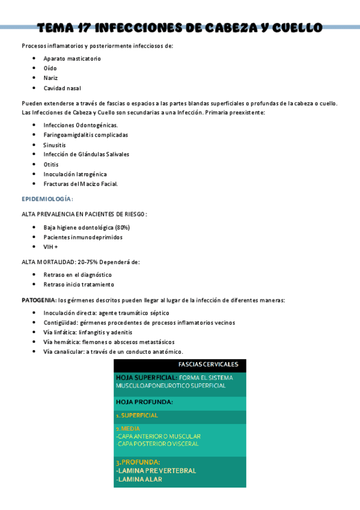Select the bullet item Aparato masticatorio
pyautogui.click(x=72, y=59)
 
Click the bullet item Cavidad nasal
pyautogui.click(x=62, y=88)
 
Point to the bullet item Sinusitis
pyautogui.click(x=55, y=145)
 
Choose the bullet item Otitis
pyautogui.click(x=51, y=164)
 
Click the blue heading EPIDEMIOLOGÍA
pyautogui.click(x=46, y=199)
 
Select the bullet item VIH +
pyautogui.click(x=51, y=247)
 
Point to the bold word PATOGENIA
pyautogui.click(x=38, y=300)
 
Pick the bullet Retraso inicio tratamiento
pyautogui.click(x=79, y=284)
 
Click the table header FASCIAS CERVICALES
pyautogui.click(x=208, y=364)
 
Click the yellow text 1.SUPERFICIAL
pyautogui.click(x=137, y=416)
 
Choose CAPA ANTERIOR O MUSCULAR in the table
pyautogui.click(x=159, y=436)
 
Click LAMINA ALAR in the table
pyautogui.click(x=139, y=479)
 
